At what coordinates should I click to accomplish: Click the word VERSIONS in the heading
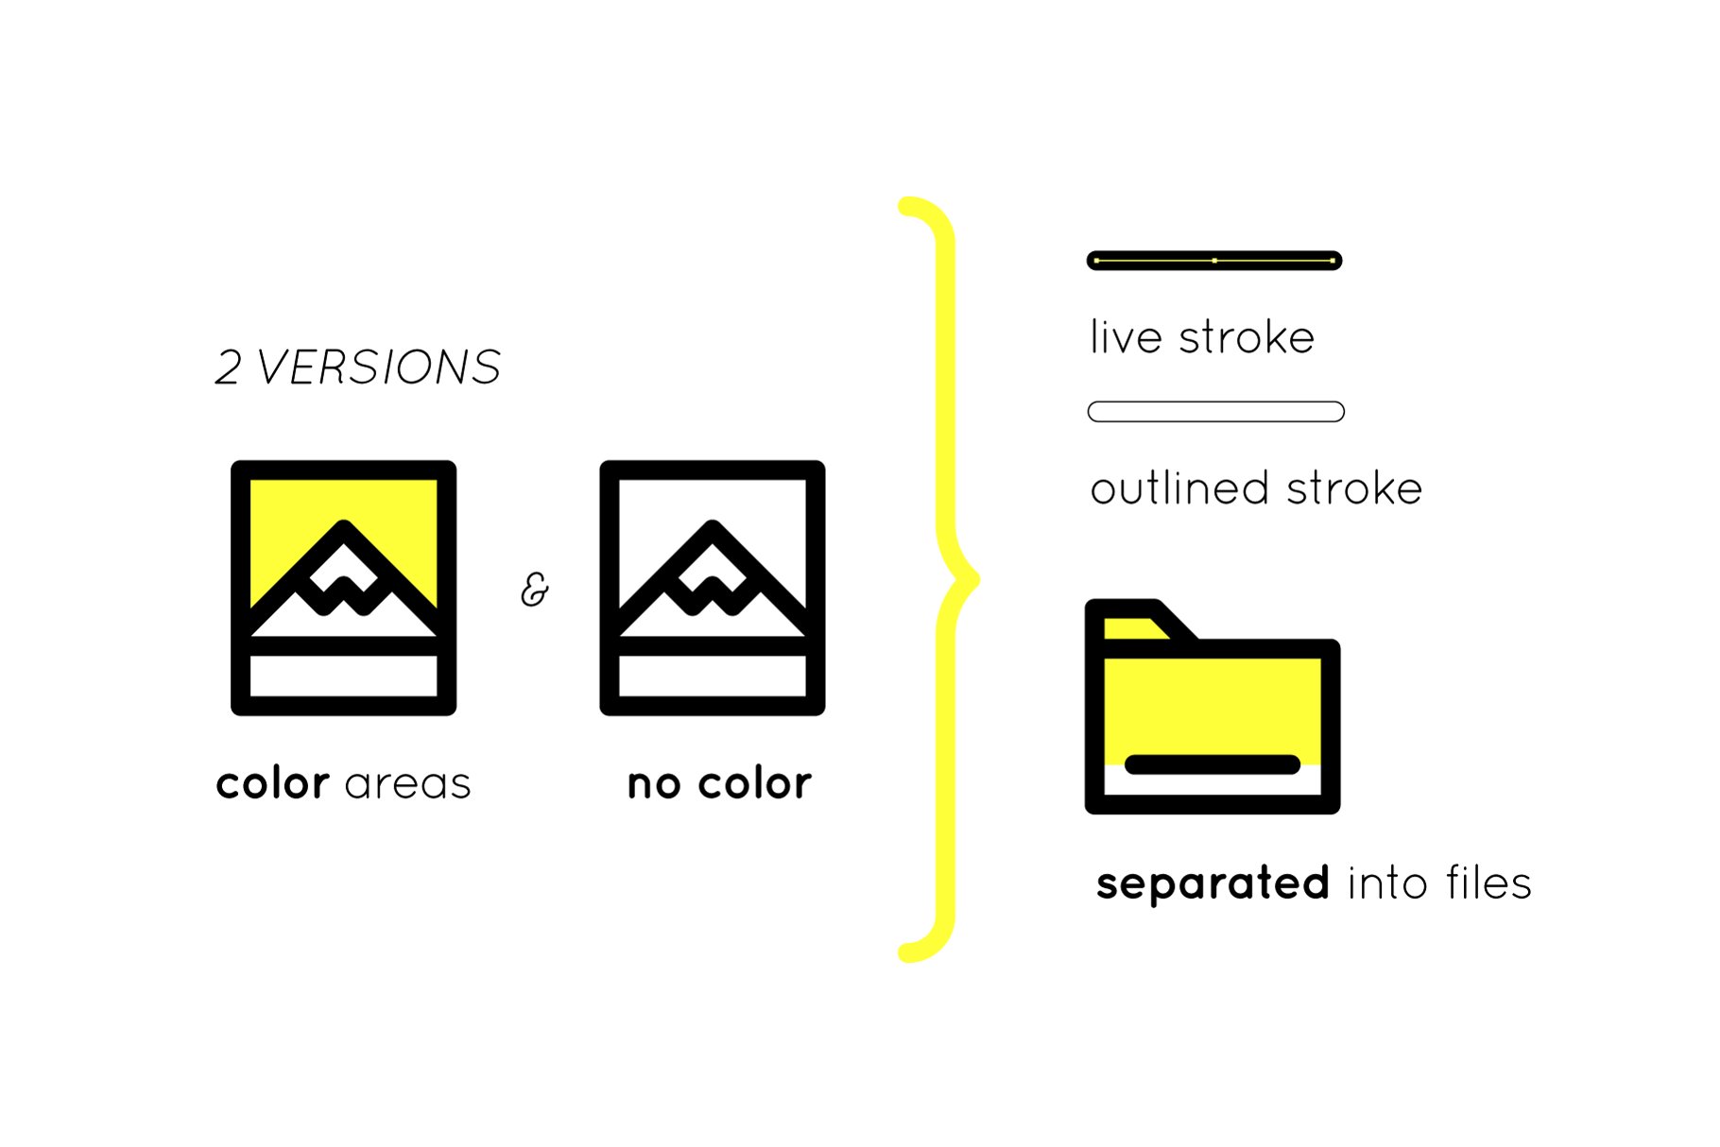pyautogui.click(x=379, y=368)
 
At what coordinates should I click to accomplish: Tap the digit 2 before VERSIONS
pyautogui.click(x=228, y=368)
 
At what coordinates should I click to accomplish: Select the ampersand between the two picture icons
pyautogui.click(x=535, y=590)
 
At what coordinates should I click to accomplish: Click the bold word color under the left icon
pyautogui.click(x=272, y=784)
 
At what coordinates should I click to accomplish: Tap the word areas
pyautogui.click(x=408, y=784)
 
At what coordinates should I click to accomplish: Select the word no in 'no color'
pyautogui.click(x=654, y=784)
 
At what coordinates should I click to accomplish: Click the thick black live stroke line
pyautogui.click(x=1214, y=261)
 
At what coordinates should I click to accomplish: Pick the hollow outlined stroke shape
pyautogui.click(x=1215, y=412)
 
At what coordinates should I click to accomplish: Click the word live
pyautogui.click(x=1126, y=337)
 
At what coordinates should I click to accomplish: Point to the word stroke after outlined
pyautogui.click(x=1354, y=488)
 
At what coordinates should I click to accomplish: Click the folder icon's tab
pyautogui.click(x=1134, y=625)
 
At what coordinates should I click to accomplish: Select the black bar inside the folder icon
pyautogui.click(x=1213, y=764)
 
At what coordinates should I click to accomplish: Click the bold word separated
pyautogui.click(x=1213, y=884)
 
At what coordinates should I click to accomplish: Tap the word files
pyautogui.click(x=1488, y=884)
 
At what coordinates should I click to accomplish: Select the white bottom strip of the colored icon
pyautogui.click(x=344, y=676)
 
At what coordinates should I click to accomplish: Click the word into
pyautogui.click(x=1387, y=884)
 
